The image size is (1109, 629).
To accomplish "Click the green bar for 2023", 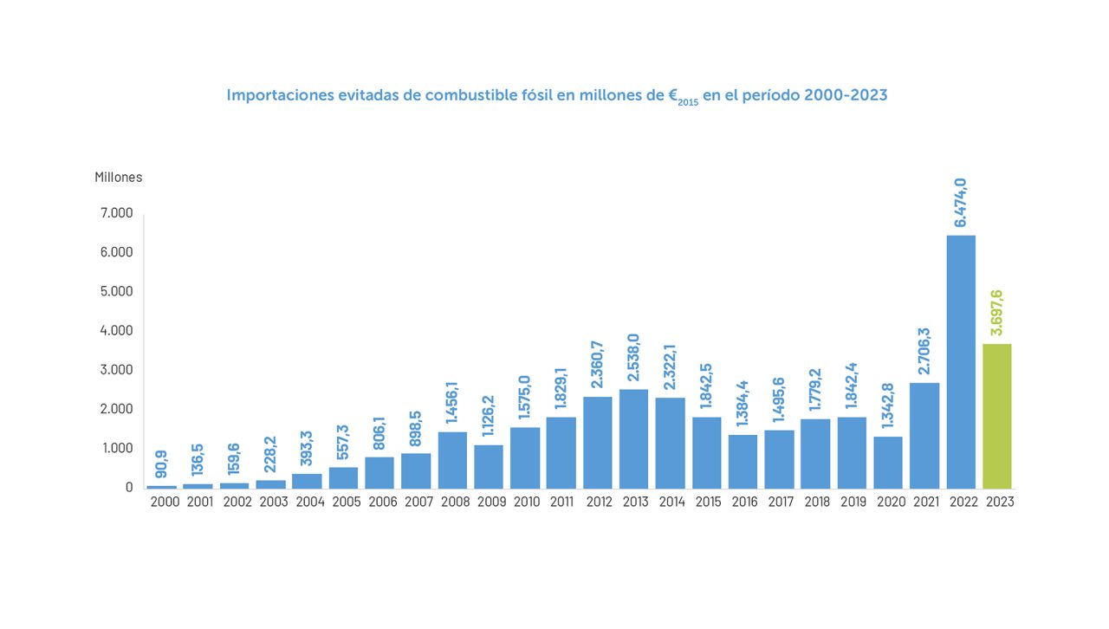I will (x=997, y=416).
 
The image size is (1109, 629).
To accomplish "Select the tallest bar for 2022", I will (x=961, y=361).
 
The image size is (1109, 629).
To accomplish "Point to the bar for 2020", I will (x=888, y=462).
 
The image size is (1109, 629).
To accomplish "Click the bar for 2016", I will (x=743, y=461).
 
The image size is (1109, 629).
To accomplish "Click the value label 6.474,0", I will (x=961, y=204).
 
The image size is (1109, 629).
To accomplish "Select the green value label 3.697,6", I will (x=997, y=312).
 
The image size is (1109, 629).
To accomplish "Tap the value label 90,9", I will (x=162, y=464).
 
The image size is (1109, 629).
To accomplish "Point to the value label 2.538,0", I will (x=633, y=357).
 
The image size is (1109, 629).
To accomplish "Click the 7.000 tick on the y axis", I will (x=117, y=213).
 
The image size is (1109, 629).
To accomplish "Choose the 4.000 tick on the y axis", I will (x=117, y=330).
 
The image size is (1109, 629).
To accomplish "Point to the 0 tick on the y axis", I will (x=129, y=487).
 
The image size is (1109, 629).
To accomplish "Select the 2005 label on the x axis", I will (x=344, y=502).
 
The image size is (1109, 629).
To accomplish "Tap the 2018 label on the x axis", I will (x=815, y=502).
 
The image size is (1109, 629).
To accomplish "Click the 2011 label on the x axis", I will (x=561, y=502).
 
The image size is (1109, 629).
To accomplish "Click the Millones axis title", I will (x=119, y=178).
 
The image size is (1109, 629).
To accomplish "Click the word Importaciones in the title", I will (x=280, y=95).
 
